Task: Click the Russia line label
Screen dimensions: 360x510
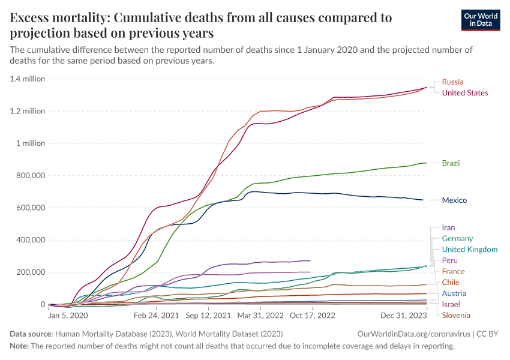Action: pos(452,82)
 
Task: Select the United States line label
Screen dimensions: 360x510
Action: pos(464,92)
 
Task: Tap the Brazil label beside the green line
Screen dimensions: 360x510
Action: pos(451,163)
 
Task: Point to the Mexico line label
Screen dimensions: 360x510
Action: pos(454,200)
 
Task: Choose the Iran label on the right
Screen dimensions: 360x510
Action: pos(448,227)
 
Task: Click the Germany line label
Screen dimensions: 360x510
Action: pos(457,238)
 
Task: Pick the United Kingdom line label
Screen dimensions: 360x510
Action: pos(469,250)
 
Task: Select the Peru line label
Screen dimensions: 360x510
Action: pos(449,260)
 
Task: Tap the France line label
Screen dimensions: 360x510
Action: pos(453,271)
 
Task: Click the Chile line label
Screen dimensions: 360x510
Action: pos(451,282)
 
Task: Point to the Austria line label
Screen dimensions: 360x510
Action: pos(454,293)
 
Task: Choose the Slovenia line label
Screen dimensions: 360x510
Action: pos(456,315)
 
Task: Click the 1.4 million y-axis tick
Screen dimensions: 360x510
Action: pos(28,79)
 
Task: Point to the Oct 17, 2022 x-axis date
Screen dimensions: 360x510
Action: pos(313,314)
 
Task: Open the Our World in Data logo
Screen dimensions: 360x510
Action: pos(481,20)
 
